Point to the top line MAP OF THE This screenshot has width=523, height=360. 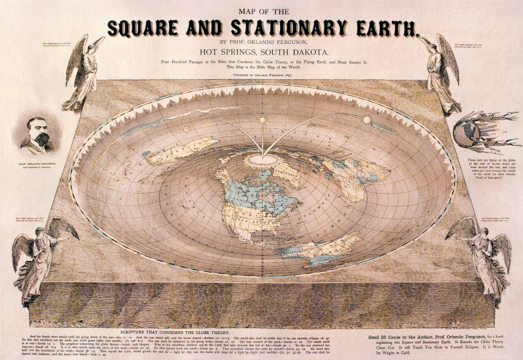point(261,11)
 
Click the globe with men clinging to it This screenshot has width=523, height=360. point(468,132)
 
